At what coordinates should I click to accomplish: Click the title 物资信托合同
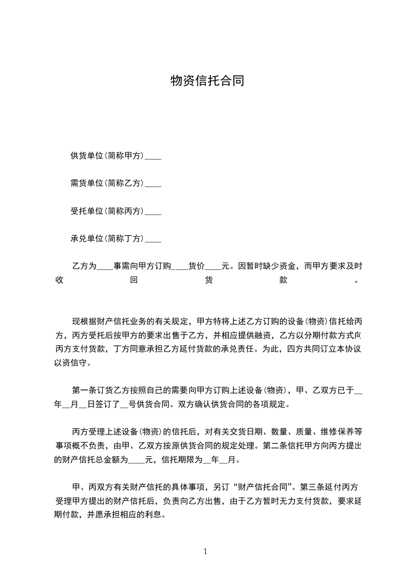(x=207, y=81)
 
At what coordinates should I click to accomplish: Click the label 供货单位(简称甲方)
(x=107, y=155)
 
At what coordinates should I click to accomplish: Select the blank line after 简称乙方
(x=153, y=183)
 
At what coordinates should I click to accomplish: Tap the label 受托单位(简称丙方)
(x=107, y=211)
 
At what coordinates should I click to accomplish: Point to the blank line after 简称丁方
(x=153, y=239)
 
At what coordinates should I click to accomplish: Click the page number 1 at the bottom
(x=205, y=551)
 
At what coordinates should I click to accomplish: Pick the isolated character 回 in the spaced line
(x=133, y=281)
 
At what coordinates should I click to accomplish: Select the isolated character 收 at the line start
(x=58, y=281)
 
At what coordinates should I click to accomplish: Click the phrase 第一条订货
(x=91, y=391)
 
